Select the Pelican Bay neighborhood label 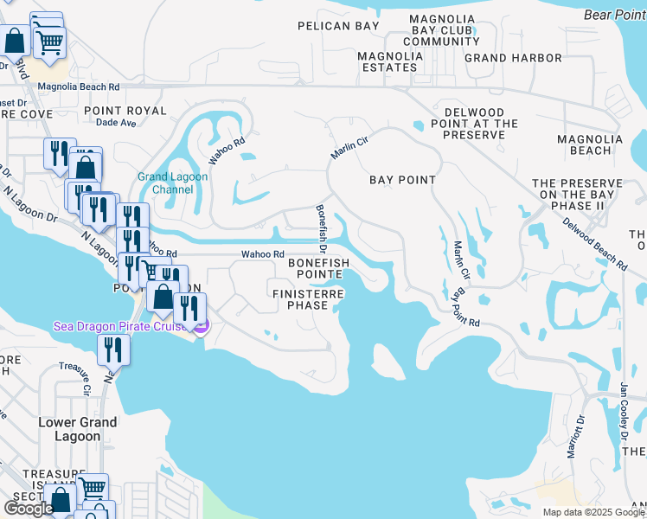point(338,26)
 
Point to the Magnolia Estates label point(390,61)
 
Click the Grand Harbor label point(513,58)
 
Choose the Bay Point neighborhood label point(402,179)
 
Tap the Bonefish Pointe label point(318,268)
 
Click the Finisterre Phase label point(309,300)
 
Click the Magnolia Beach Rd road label point(78,86)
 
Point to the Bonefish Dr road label point(320,223)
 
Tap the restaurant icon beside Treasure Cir point(113,349)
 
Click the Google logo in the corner point(29,509)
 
